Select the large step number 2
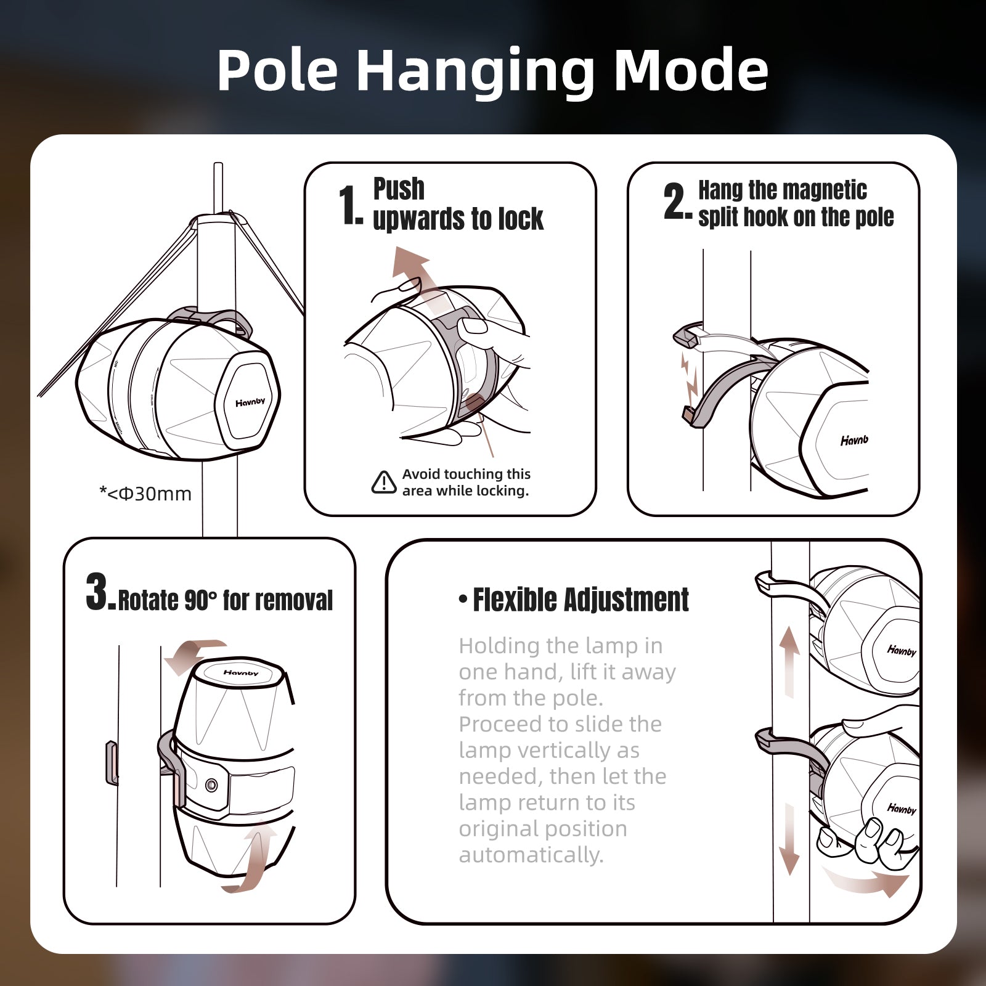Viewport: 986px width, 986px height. pos(677,201)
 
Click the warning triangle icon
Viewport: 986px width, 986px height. pos(384,482)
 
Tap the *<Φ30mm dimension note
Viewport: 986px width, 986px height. pos(145,494)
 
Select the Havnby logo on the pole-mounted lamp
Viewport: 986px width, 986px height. pos(250,402)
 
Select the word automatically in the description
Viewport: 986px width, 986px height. pos(531,855)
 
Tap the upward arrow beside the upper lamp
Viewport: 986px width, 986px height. pos(789,662)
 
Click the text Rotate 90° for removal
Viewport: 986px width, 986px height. pos(225,600)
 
